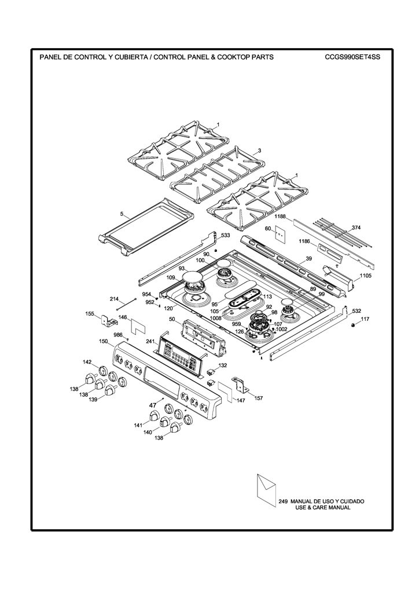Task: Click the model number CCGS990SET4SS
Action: click(352, 57)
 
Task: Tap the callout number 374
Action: click(356, 228)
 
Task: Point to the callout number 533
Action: click(226, 235)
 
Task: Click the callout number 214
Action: click(114, 299)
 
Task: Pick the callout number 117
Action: click(365, 319)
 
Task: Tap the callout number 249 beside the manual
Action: click(283, 502)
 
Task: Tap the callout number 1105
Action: click(365, 276)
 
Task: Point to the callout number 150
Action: click(104, 342)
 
